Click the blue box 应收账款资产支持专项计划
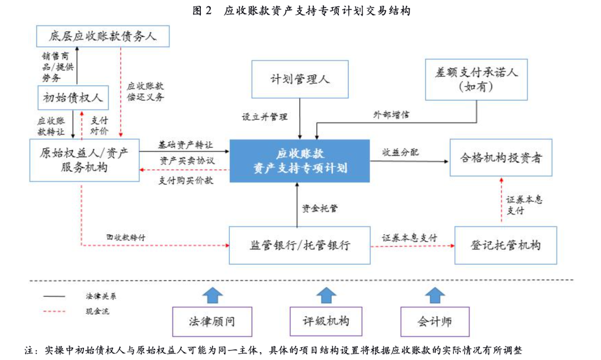[300, 160]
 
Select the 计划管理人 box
[300, 80]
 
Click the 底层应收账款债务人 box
[102, 37]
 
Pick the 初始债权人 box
[72, 98]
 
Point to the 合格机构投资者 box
[501, 158]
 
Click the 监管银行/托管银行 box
[299, 245]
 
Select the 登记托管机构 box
[505, 245]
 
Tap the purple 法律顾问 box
[211, 322]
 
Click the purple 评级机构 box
[326, 322]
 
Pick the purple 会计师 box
[435, 322]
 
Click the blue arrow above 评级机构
[326, 295]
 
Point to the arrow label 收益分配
[400, 152]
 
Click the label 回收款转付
[126, 238]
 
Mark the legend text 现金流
[97, 311]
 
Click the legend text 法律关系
[101, 297]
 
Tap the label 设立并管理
[264, 117]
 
